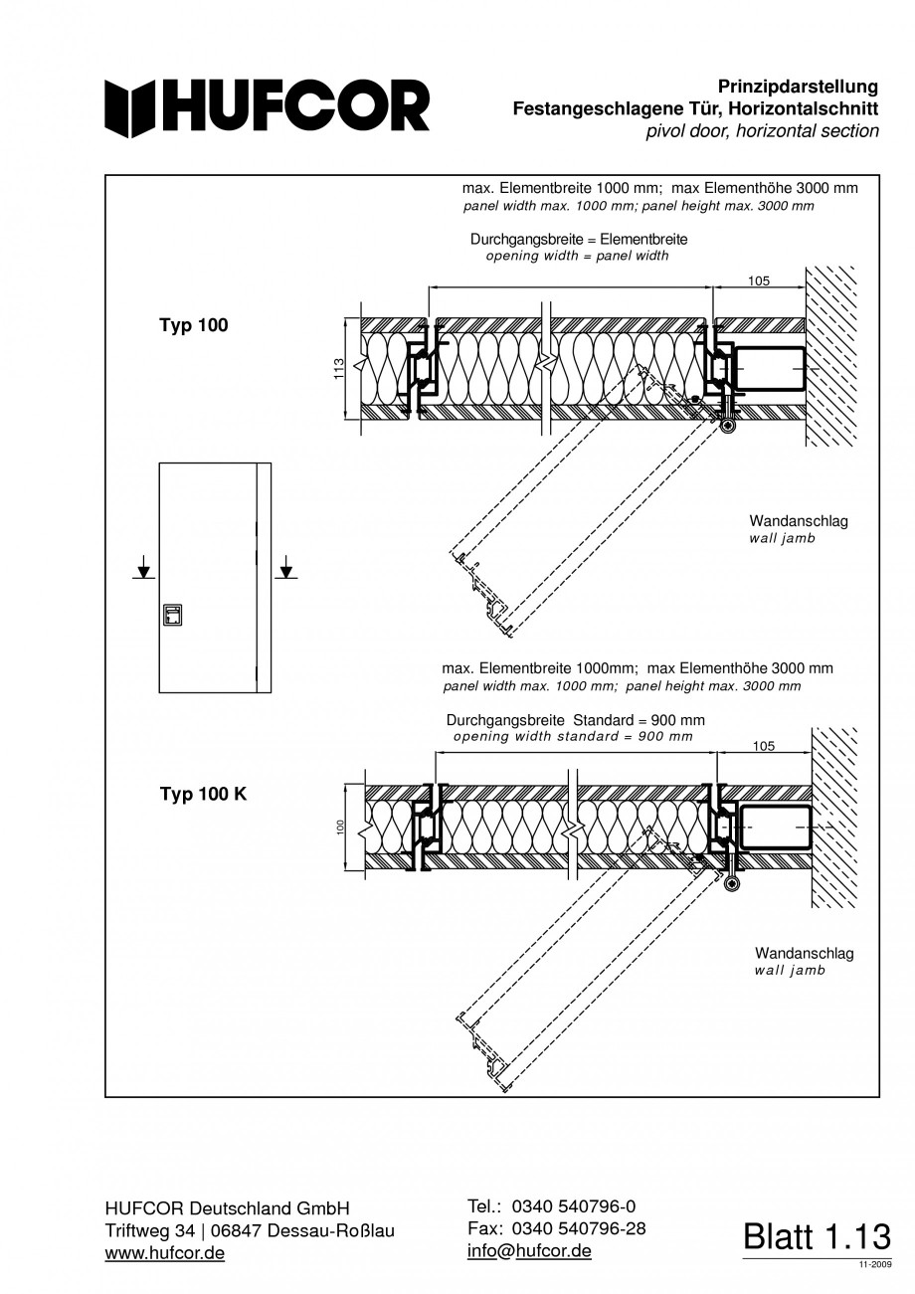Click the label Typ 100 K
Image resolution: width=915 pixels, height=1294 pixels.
click(x=204, y=794)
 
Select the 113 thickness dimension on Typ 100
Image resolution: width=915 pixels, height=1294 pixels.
click(x=338, y=369)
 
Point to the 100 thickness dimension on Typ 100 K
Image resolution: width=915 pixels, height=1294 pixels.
click(x=339, y=828)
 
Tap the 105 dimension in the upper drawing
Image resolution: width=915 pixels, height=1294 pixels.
click(x=759, y=280)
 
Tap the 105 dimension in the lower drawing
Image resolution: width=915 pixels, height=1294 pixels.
click(x=764, y=745)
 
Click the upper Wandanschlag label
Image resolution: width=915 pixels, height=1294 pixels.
click(x=799, y=521)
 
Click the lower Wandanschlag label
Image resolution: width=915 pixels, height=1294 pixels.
click(x=804, y=954)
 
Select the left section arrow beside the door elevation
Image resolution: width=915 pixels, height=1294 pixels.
click(x=144, y=570)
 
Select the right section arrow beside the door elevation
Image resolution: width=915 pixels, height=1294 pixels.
click(x=286, y=570)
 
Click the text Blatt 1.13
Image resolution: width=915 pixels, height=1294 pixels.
click(x=817, y=1236)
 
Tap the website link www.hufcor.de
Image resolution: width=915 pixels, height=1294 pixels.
click(x=164, y=1253)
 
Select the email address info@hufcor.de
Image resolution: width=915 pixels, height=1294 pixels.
click(x=529, y=1250)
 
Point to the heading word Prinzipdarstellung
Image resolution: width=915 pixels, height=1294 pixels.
click(x=798, y=88)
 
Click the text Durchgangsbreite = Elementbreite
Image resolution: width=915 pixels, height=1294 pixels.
click(x=579, y=240)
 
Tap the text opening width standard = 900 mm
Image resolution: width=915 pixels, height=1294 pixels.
click(x=573, y=737)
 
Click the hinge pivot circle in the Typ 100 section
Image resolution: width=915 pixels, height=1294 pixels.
click(x=729, y=426)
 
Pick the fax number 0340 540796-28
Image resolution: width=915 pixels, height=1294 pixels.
click(x=578, y=1228)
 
